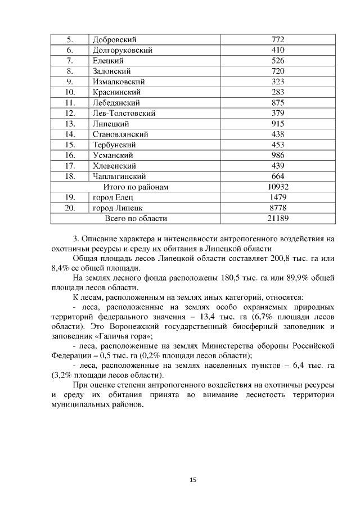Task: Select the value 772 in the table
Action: (277, 39)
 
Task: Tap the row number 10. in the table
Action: (70, 92)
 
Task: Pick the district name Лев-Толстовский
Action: (124, 113)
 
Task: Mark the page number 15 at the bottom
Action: (192, 480)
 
